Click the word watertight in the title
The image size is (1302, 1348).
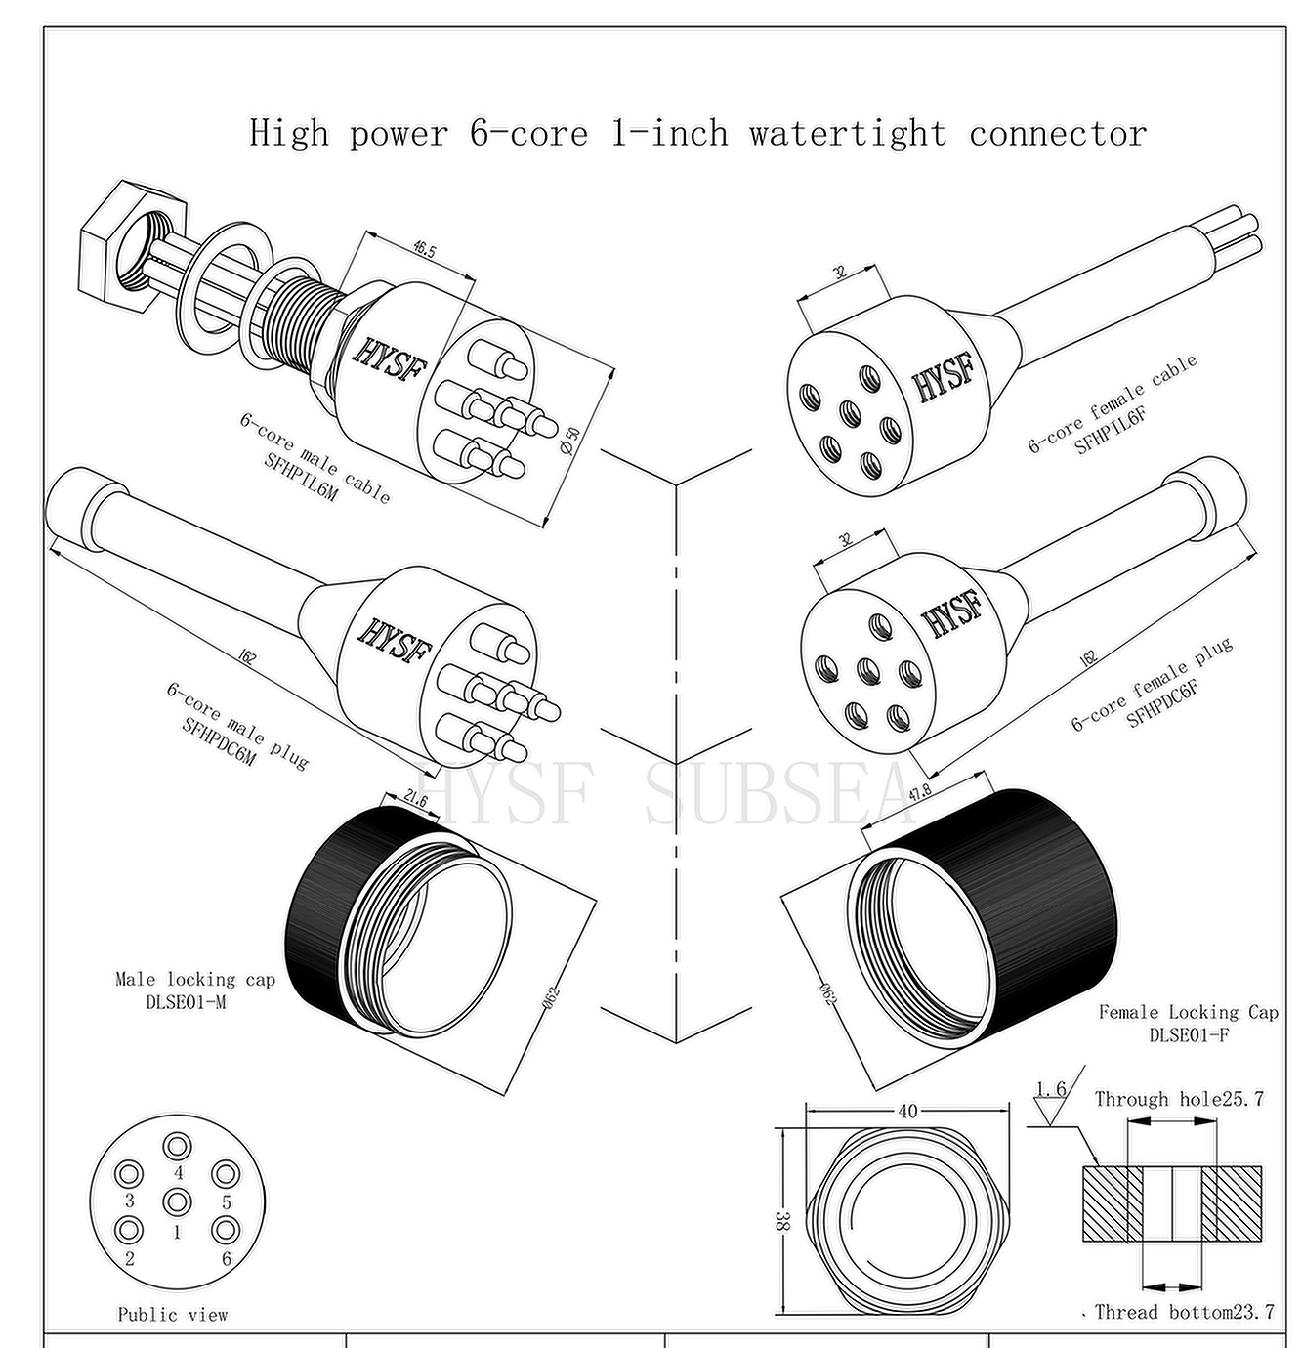(x=847, y=134)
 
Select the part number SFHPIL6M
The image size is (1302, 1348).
(x=301, y=476)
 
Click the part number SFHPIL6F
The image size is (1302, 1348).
(x=1111, y=430)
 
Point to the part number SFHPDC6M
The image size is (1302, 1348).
(x=220, y=741)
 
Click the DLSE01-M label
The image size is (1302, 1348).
(x=186, y=1001)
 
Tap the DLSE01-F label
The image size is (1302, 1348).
(x=1189, y=1034)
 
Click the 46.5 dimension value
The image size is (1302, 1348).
(x=424, y=250)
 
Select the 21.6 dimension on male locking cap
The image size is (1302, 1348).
(x=415, y=800)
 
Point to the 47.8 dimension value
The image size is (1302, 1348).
(x=920, y=792)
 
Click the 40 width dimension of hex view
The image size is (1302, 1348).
(x=907, y=1111)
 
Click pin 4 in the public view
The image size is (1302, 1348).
(x=178, y=1146)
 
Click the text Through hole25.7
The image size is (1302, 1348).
(x=1179, y=1099)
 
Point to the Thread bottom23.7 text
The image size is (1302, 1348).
(x=1184, y=1312)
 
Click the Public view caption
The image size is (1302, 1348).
(x=173, y=1315)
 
